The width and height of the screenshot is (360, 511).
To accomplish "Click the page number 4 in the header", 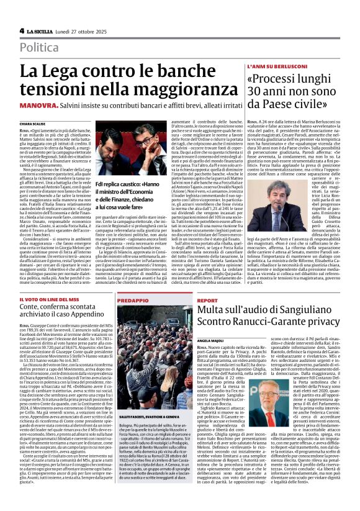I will click(22, 30).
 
